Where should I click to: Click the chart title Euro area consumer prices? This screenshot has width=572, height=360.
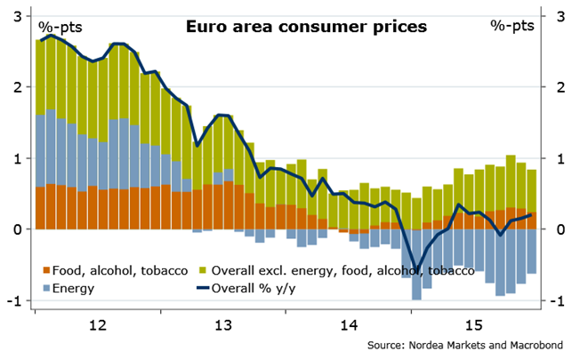(x=306, y=27)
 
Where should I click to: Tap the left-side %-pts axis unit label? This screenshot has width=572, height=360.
(x=59, y=27)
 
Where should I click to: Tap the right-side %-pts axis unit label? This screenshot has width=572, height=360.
(x=512, y=26)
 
